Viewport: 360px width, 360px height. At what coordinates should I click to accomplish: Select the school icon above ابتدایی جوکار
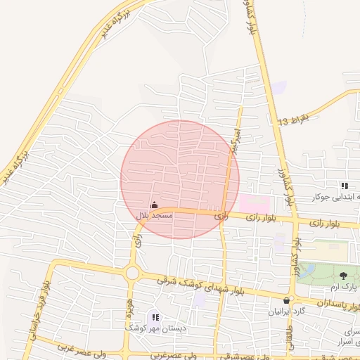click(x=345, y=186)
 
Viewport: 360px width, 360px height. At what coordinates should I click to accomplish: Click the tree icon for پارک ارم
click(x=343, y=275)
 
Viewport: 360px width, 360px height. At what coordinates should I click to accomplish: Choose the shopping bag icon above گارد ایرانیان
click(x=285, y=300)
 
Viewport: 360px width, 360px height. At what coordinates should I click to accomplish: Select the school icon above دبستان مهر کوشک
click(x=155, y=317)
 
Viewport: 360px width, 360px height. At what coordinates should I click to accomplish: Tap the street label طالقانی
click(x=290, y=341)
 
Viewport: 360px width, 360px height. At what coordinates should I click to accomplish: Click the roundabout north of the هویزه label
click(x=131, y=273)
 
